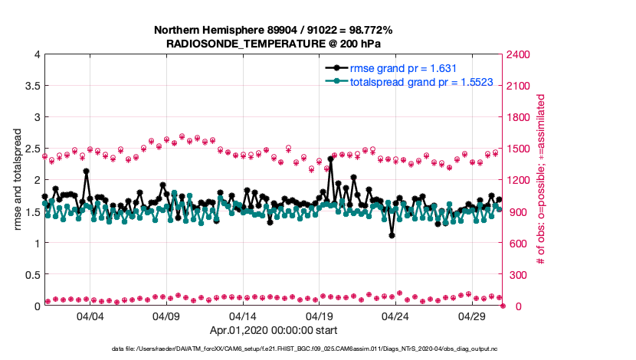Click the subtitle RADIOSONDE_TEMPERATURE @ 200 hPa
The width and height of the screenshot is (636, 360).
pos(274,44)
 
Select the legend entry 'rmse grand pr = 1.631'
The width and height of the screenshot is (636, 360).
pos(404,67)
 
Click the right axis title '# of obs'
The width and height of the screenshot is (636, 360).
pos(542,180)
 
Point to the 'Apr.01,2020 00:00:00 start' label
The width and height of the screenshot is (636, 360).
pos(274,331)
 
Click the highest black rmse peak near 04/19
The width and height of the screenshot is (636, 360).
pos(330,159)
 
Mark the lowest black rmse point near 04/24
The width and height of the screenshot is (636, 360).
pos(392,235)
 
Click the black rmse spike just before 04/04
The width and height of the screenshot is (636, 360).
pos(86,172)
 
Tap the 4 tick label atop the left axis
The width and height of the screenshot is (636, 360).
pos(36,54)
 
